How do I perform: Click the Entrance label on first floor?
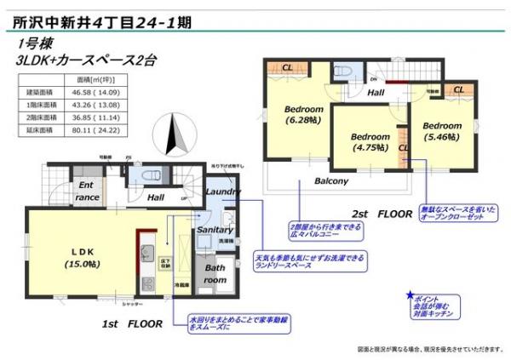pyautogui.click(x=88, y=190)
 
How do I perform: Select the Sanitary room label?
pyautogui.click(x=215, y=230)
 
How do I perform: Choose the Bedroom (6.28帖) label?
pyautogui.click(x=303, y=115)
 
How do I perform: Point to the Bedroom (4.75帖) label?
pyautogui.click(x=370, y=141)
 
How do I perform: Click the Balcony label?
pyautogui.click(x=330, y=181)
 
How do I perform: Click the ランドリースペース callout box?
pyautogui.click(x=310, y=260)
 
